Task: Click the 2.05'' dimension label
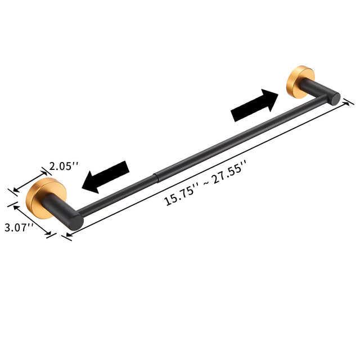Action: pos(64,166)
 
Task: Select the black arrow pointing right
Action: pos(255,106)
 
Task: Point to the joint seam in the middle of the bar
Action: pos(155,179)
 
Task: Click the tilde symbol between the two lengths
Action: pos(205,182)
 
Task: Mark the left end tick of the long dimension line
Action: pos(66,237)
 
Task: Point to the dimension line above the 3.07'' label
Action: pos(34,219)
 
